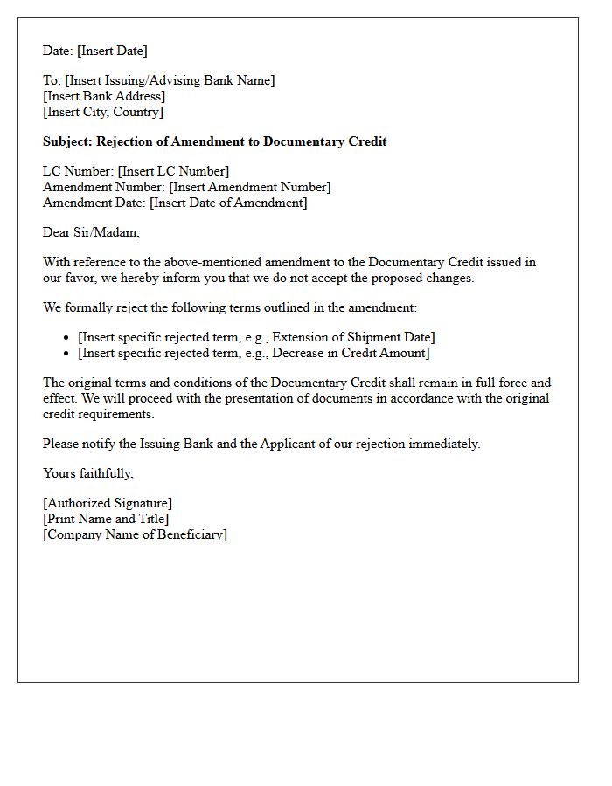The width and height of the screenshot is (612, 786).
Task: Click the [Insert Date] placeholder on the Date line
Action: (112, 51)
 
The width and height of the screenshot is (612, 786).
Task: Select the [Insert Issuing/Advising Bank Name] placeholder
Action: (170, 80)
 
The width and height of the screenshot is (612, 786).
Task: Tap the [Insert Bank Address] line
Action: (104, 96)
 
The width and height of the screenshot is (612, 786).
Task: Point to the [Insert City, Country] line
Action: (103, 112)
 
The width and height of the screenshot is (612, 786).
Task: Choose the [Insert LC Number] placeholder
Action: (173, 171)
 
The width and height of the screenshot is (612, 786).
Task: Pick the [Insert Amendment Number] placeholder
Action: (250, 187)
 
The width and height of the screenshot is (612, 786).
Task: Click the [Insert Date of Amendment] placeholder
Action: (228, 203)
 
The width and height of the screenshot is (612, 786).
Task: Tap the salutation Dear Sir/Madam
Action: (91, 232)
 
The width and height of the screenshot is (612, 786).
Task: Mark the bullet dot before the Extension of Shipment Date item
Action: (67, 338)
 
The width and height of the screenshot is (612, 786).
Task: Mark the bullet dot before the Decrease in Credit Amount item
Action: (67, 354)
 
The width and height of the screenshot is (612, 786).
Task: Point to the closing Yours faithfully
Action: (88, 473)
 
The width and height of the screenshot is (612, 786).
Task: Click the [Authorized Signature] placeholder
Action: (108, 503)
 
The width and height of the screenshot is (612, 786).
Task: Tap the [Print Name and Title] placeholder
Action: (106, 519)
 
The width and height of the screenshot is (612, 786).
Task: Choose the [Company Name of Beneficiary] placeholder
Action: (135, 534)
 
